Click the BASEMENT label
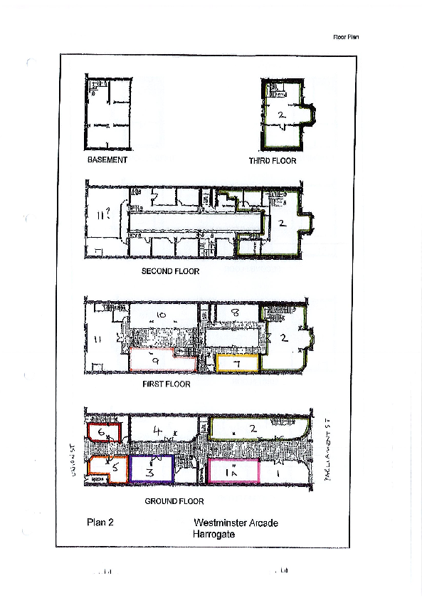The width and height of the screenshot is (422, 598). pos(107,160)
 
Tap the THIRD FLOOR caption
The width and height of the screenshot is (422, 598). pos(272,161)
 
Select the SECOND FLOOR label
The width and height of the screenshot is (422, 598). pos(170,271)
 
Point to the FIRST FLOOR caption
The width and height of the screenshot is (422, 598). pos(167,384)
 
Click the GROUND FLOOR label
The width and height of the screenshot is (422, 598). pos(174,501)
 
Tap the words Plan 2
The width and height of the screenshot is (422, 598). pos(100,522)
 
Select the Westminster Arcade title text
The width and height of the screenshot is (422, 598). pos(236,523)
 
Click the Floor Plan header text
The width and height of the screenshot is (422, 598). pos(346,36)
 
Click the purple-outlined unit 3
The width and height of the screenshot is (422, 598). pos(151,471)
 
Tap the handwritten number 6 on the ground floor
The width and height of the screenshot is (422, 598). pos(102,432)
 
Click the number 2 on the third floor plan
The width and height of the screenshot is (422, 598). pos(281,113)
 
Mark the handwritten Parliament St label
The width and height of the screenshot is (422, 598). pos(329,449)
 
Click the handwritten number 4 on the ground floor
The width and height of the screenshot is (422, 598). pos(160,430)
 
